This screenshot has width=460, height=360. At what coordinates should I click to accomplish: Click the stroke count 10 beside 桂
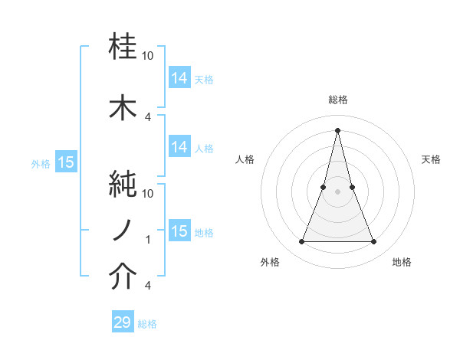pos(148,57)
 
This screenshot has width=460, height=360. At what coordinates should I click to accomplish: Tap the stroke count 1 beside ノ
pos(148,240)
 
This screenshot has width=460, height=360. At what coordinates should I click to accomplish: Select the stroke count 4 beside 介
pos(148,286)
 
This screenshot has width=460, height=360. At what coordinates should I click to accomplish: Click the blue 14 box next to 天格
pos(179,77)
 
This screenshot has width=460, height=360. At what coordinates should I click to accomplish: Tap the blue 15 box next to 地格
pos(179,231)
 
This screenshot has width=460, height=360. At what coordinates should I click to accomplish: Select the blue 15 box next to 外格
pos(65,162)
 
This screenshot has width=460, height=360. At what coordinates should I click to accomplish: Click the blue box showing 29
pos(123,322)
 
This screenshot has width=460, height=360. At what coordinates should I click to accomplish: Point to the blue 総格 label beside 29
pos(147,324)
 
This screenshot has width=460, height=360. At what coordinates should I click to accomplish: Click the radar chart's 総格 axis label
pos(337,100)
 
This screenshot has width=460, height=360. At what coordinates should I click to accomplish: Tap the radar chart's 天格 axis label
pos(432,159)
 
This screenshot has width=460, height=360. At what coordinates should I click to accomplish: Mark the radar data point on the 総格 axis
pos(337,129)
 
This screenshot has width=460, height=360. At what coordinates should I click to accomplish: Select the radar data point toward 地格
pos(374,242)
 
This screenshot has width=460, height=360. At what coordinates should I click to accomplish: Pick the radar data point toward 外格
pos(301,242)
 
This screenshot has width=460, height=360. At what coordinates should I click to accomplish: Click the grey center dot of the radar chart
pos(337,191)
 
